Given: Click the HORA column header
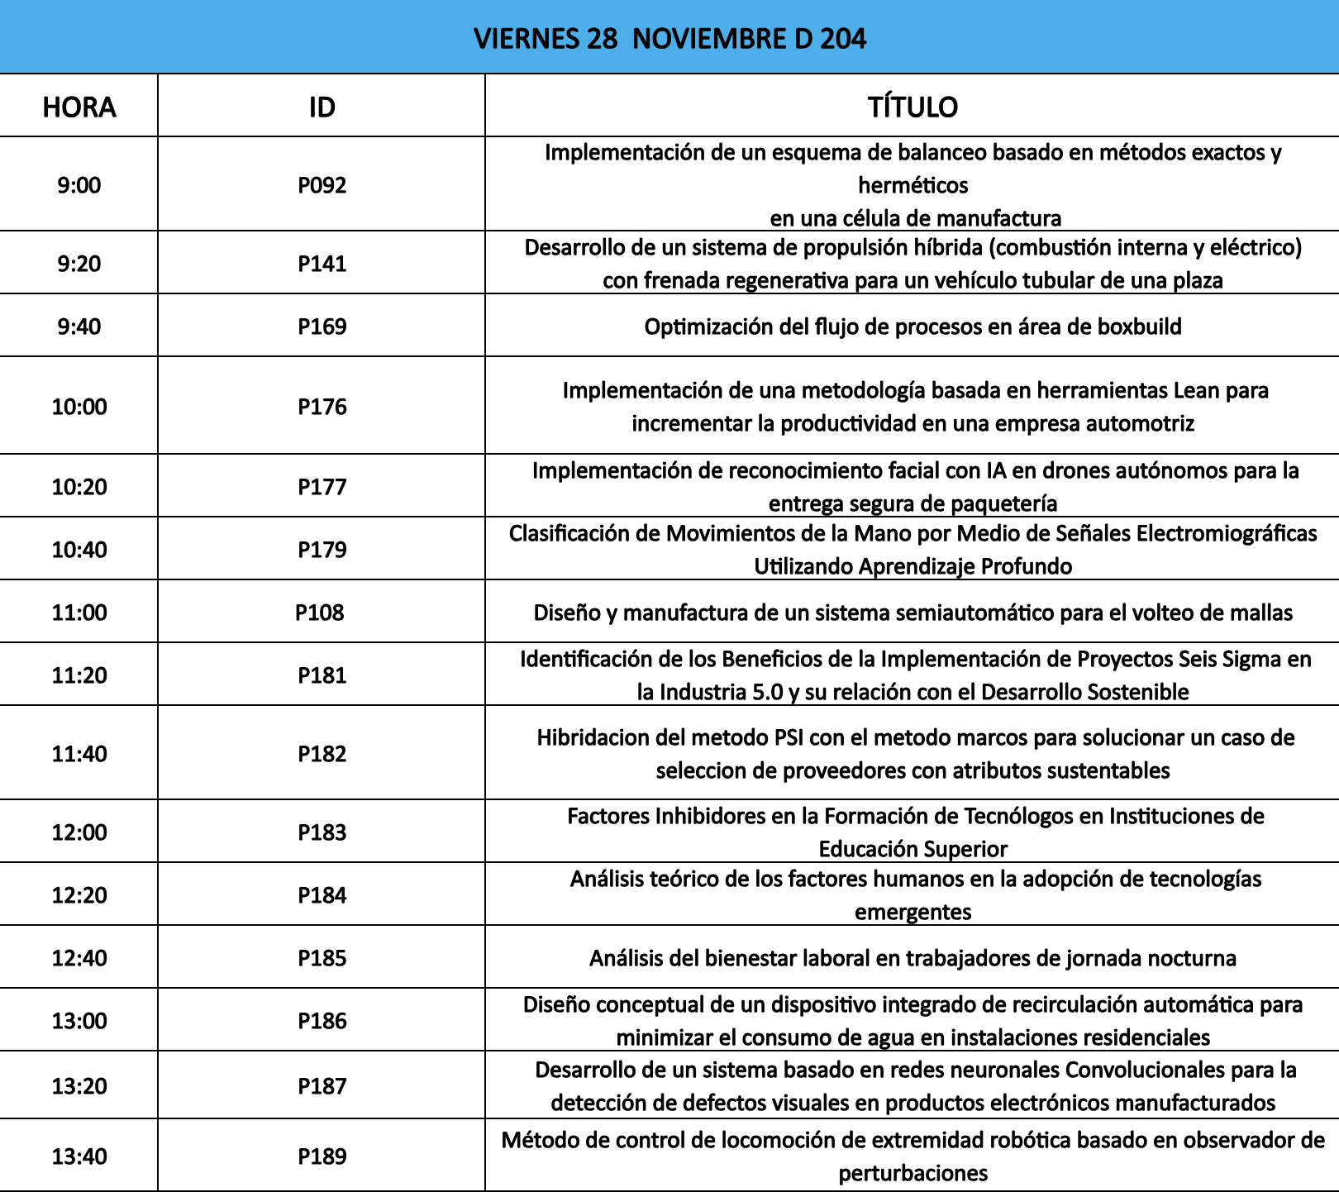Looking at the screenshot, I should (x=79, y=107).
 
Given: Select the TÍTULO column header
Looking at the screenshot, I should (x=913, y=107).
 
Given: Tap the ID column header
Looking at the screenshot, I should (x=322, y=107).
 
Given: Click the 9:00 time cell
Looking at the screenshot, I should (x=79, y=185).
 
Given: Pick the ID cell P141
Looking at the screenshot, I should (x=322, y=264).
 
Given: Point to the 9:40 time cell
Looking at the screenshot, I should (x=79, y=327).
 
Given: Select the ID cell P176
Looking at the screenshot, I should (x=322, y=407).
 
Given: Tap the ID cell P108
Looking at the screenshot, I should (x=319, y=613).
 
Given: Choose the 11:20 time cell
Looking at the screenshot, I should (x=79, y=675).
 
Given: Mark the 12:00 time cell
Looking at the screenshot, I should (x=79, y=832).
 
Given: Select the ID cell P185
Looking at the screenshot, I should (x=322, y=958).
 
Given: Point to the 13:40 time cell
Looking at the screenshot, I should (x=79, y=1156).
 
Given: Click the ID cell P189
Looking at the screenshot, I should (x=322, y=1156).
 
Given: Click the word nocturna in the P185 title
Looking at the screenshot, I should (x=1193, y=958).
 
